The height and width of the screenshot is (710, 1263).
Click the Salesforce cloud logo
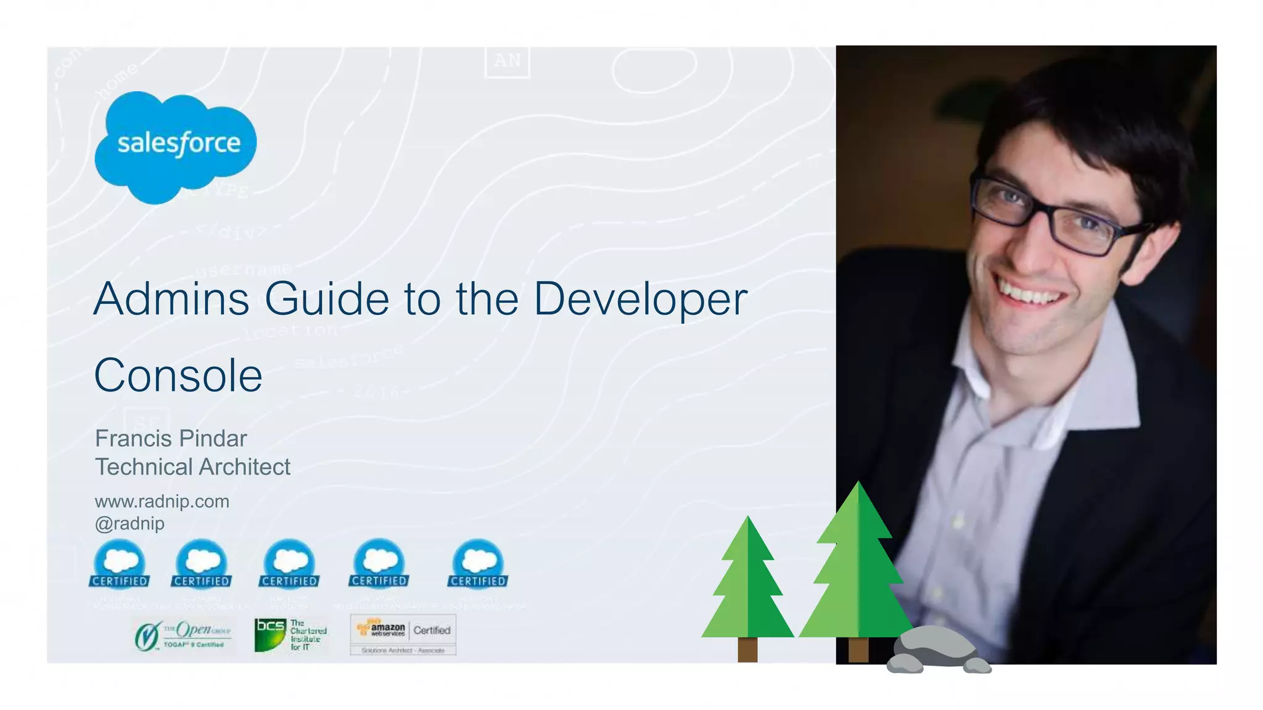(x=176, y=145)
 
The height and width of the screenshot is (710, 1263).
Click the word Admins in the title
(x=171, y=300)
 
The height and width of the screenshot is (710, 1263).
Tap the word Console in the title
(x=178, y=375)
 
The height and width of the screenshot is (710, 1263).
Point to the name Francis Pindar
(x=171, y=439)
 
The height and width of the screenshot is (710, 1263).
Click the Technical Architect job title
(x=192, y=467)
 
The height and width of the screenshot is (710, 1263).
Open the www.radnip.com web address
(x=162, y=502)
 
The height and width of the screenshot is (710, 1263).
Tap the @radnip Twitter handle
(x=130, y=524)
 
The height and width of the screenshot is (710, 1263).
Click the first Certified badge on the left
(x=120, y=564)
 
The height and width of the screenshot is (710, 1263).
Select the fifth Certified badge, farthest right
(x=478, y=564)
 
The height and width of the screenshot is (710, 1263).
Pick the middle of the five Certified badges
(x=289, y=564)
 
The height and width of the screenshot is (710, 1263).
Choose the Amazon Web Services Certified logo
(x=403, y=634)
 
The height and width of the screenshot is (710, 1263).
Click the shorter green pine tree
(x=747, y=586)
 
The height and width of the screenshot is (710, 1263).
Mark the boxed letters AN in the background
(x=508, y=61)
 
